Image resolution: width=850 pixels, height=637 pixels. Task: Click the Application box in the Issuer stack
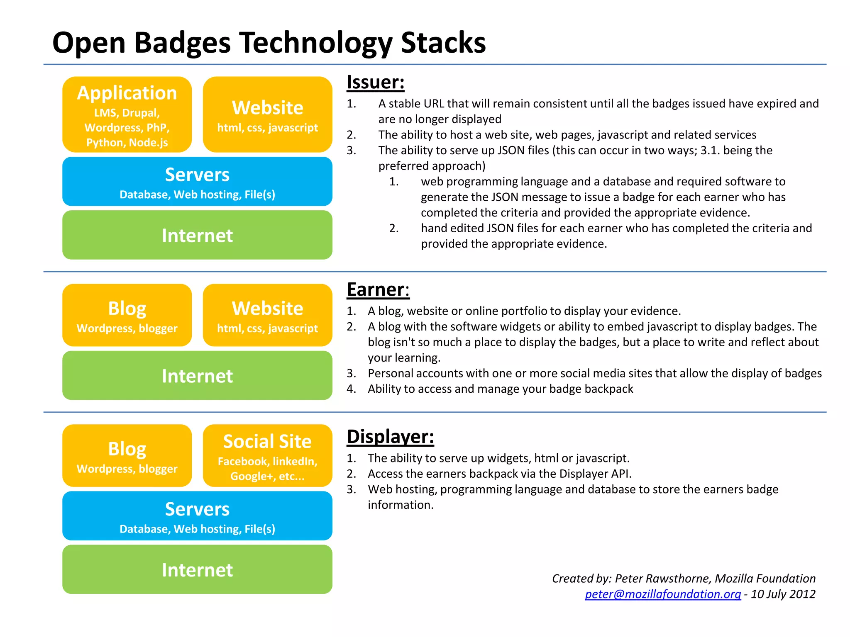point(127,114)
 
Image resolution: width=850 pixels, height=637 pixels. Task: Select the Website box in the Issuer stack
point(267,114)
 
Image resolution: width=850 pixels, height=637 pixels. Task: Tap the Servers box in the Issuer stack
point(197,181)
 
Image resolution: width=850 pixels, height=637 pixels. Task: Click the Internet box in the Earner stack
point(197,375)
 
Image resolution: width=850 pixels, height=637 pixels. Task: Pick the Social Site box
point(267,455)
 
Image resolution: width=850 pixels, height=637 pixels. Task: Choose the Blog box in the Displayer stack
point(127,455)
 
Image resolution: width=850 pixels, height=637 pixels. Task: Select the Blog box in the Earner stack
point(127,315)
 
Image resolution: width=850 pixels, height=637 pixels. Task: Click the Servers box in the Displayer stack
point(197,515)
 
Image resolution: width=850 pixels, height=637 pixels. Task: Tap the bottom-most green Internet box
point(197,569)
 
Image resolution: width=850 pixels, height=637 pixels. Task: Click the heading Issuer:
point(375,82)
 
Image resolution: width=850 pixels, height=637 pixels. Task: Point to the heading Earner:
point(378,289)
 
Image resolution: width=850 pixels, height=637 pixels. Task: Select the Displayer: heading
point(390,437)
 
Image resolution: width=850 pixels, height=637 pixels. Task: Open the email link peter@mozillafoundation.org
point(662,594)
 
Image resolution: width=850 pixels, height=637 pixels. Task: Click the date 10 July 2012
point(783,594)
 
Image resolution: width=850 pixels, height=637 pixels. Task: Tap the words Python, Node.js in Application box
point(127,143)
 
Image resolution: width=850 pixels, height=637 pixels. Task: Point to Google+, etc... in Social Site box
point(267,476)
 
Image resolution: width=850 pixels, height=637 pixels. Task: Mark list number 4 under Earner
point(351,389)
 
